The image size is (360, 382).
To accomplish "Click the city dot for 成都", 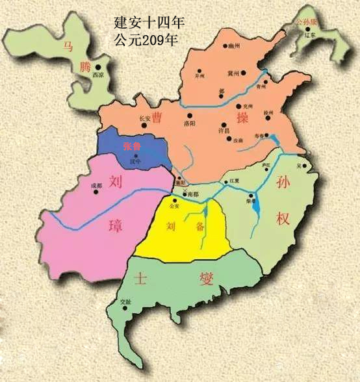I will pyautogui.click(x=104, y=190).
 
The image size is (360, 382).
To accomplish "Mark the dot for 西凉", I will pyautogui.click(x=98, y=67).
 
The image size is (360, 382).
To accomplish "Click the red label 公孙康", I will pyautogui.click(x=305, y=21).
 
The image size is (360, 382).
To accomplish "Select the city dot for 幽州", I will pyautogui.click(x=230, y=47).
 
